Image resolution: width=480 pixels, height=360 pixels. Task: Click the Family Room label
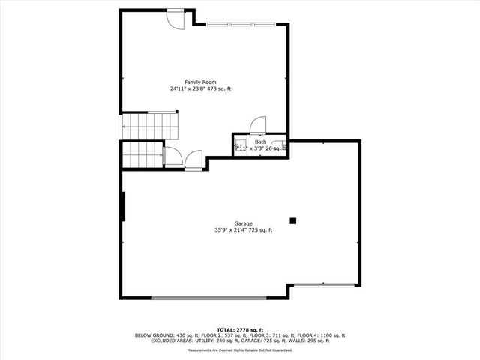(200, 82)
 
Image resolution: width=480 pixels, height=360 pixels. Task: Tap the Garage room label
(243, 223)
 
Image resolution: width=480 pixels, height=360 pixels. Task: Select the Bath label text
(260, 142)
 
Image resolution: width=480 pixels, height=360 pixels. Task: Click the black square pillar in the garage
(293, 220)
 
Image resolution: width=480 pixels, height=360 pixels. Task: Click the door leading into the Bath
(257, 124)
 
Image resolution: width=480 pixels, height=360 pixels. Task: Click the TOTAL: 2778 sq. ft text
(240, 330)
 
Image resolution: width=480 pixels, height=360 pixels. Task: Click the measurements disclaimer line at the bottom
(240, 349)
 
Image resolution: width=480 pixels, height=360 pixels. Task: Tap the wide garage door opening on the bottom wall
(208, 298)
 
